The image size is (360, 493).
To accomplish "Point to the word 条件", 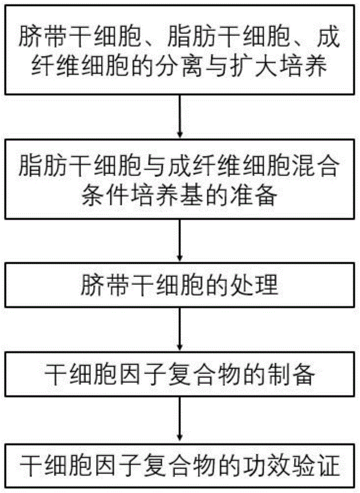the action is (x=105, y=196).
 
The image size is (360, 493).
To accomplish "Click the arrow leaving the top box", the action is (x=180, y=116).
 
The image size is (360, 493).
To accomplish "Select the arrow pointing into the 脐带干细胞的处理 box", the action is (x=180, y=240).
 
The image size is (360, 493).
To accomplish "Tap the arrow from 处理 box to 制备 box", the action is (x=180, y=329).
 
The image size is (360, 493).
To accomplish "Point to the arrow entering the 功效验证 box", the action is (x=180, y=420).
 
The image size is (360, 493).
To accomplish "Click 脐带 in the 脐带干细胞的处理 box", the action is (x=105, y=285).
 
